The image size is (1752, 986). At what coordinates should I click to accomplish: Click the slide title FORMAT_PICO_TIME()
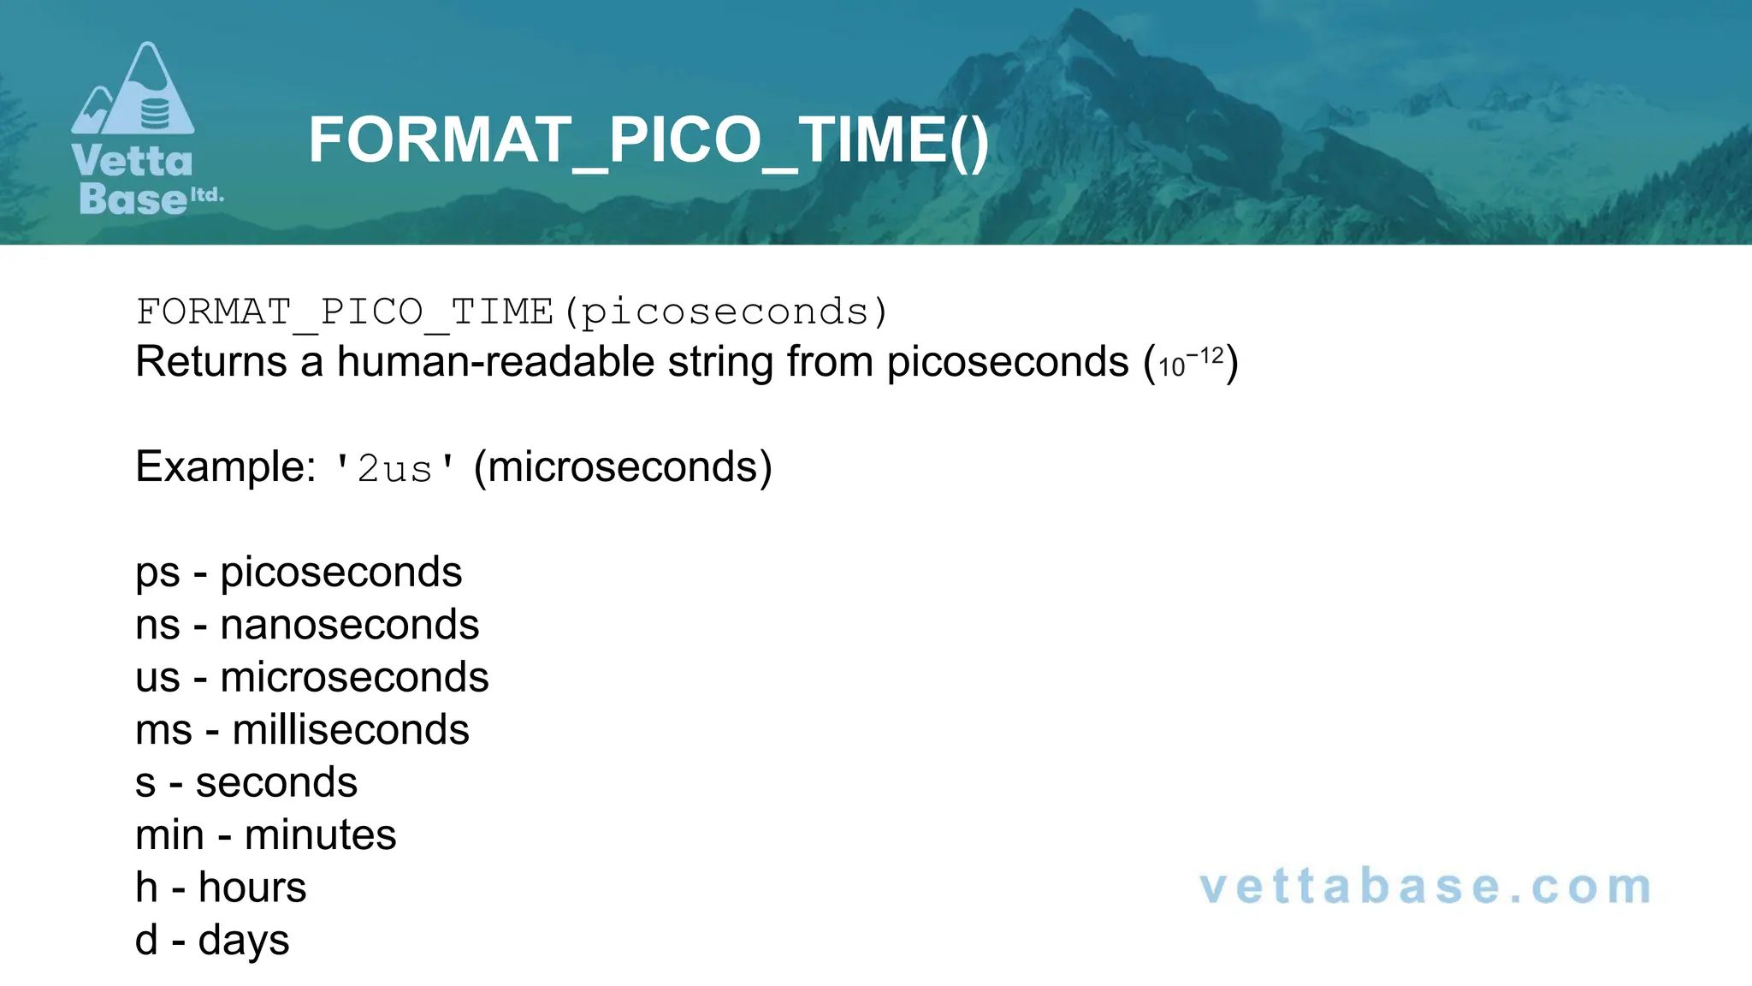click(x=648, y=140)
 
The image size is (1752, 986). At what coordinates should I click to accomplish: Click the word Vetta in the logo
click(x=133, y=161)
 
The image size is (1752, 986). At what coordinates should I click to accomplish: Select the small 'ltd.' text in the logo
click(x=206, y=195)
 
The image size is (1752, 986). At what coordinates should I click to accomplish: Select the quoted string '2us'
click(x=394, y=469)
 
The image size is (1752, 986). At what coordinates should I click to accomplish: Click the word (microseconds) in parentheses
click(x=623, y=467)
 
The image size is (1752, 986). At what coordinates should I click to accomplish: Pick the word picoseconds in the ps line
click(x=340, y=573)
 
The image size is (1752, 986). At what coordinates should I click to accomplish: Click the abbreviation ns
click(x=157, y=626)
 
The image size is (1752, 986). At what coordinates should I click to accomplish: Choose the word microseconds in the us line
click(x=354, y=678)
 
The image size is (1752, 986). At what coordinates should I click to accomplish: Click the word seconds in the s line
click(x=276, y=783)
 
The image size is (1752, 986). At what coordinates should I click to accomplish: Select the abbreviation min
click(x=169, y=835)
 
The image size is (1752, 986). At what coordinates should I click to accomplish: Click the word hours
click(x=252, y=888)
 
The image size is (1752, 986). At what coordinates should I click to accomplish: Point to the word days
click(x=244, y=941)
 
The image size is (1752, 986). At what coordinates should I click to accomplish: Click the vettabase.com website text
click(x=1425, y=887)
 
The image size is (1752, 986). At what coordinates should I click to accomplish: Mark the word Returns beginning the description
click(x=210, y=362)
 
